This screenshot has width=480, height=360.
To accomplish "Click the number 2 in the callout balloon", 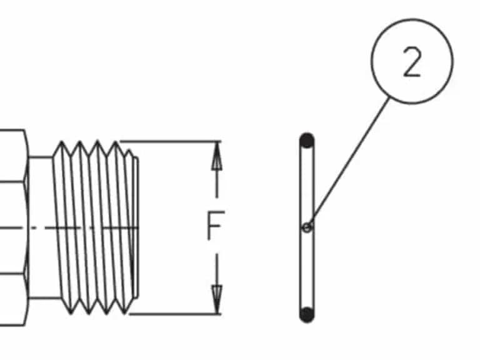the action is click(412, 61).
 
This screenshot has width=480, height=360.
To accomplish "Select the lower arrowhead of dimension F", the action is click(217, 299).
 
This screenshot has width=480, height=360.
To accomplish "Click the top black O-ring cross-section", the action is click(307, 141).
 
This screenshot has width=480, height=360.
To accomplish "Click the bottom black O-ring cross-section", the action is click(307, 315).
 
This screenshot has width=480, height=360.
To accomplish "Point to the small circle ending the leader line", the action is click(307, 227).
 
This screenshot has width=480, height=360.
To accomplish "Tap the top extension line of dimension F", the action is click(170, 141).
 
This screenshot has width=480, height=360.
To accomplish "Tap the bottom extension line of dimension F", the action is click(175, 314).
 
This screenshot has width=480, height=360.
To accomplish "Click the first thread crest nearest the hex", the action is click(61, 143).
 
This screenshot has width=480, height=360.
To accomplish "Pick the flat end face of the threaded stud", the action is click(136, 227).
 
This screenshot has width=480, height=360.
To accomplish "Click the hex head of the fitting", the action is click(14, 227).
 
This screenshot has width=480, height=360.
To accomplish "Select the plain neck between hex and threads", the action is click(41, 227).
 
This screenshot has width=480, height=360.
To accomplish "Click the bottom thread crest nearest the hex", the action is click(71, 312).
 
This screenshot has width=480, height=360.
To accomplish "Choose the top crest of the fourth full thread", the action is click(116, 143).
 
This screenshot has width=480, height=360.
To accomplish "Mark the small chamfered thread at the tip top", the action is click(130, 152).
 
